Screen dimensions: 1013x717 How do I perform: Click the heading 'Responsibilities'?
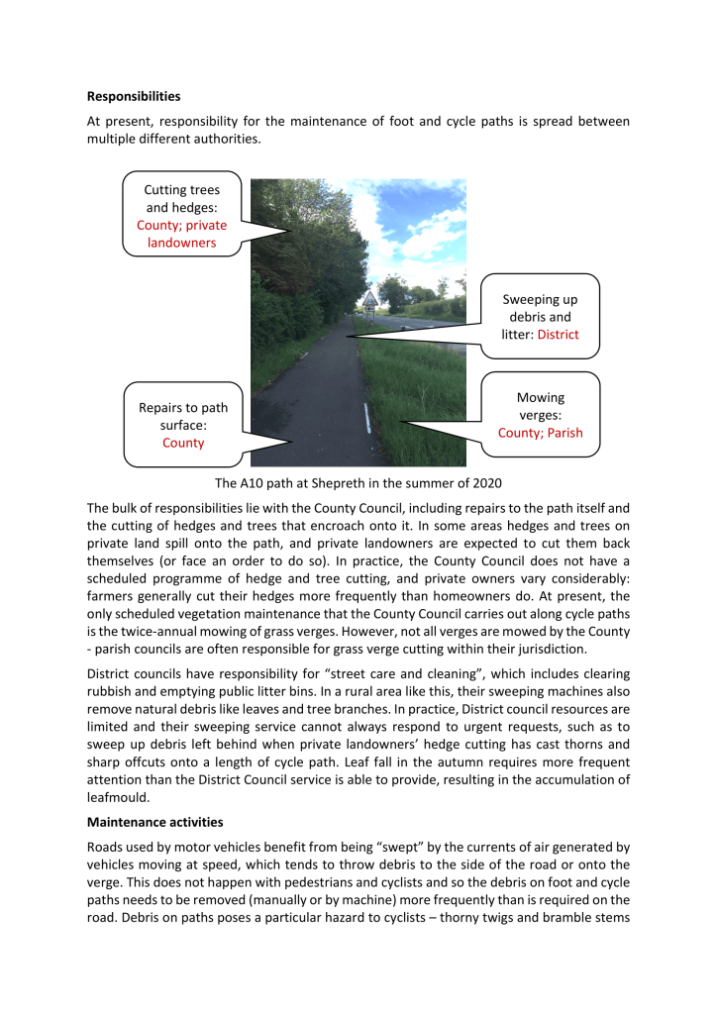pyautogui.click(x=134, y=97)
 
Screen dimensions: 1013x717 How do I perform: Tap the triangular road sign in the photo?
pyautogui.click(x=369, y=298)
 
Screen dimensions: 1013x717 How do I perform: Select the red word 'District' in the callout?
pyautogui.click(x=558, y=335)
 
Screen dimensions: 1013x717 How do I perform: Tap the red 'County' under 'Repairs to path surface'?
pyautogui.click(x=183, y=443)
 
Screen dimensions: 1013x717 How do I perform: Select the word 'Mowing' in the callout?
pyautogui.click(x=541, y=397)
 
